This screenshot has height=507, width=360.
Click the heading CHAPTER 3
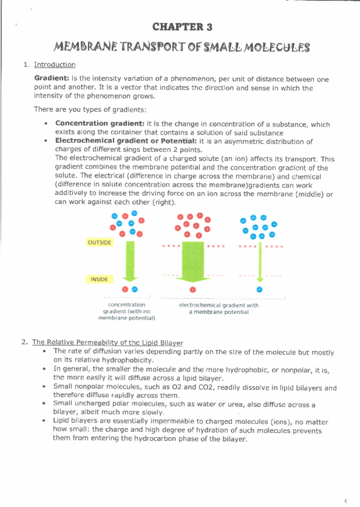pos(182,27)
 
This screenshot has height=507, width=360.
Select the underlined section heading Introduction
pos(54,65)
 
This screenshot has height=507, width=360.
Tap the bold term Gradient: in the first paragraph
pos(51,79)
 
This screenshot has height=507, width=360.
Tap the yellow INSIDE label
pos(99,279)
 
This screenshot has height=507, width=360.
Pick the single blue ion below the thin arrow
pos(260,289)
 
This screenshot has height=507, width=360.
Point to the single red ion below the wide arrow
pos(193,289)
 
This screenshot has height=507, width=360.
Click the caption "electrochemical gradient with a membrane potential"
pos(219,309)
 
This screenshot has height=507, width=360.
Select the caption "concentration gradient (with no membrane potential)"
pos(126,311)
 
